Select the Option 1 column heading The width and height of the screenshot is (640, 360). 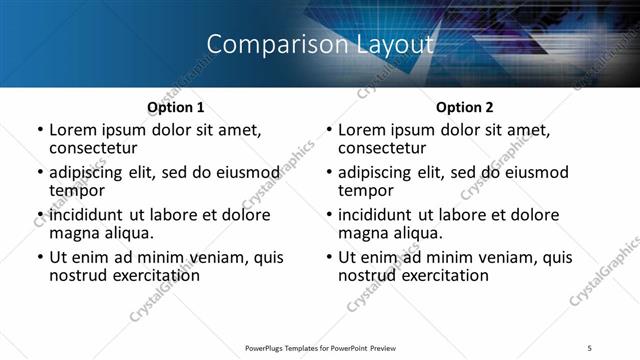click(176, 107)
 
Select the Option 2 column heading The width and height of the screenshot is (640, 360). click(465, 107)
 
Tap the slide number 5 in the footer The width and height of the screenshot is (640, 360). click(590, 347)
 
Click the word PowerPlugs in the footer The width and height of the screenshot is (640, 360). click(269, 347)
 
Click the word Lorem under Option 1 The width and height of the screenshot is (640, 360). click(72, 130)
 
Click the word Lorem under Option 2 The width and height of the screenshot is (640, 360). click(361, 130)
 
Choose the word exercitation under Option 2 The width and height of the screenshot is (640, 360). click(442, 275)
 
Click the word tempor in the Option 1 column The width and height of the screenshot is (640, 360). click(77, 191)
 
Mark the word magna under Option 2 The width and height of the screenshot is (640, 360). click(363, 233)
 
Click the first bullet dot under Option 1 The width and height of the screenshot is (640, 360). click(39, 131)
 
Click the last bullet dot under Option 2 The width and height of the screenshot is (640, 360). click(328, 258)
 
